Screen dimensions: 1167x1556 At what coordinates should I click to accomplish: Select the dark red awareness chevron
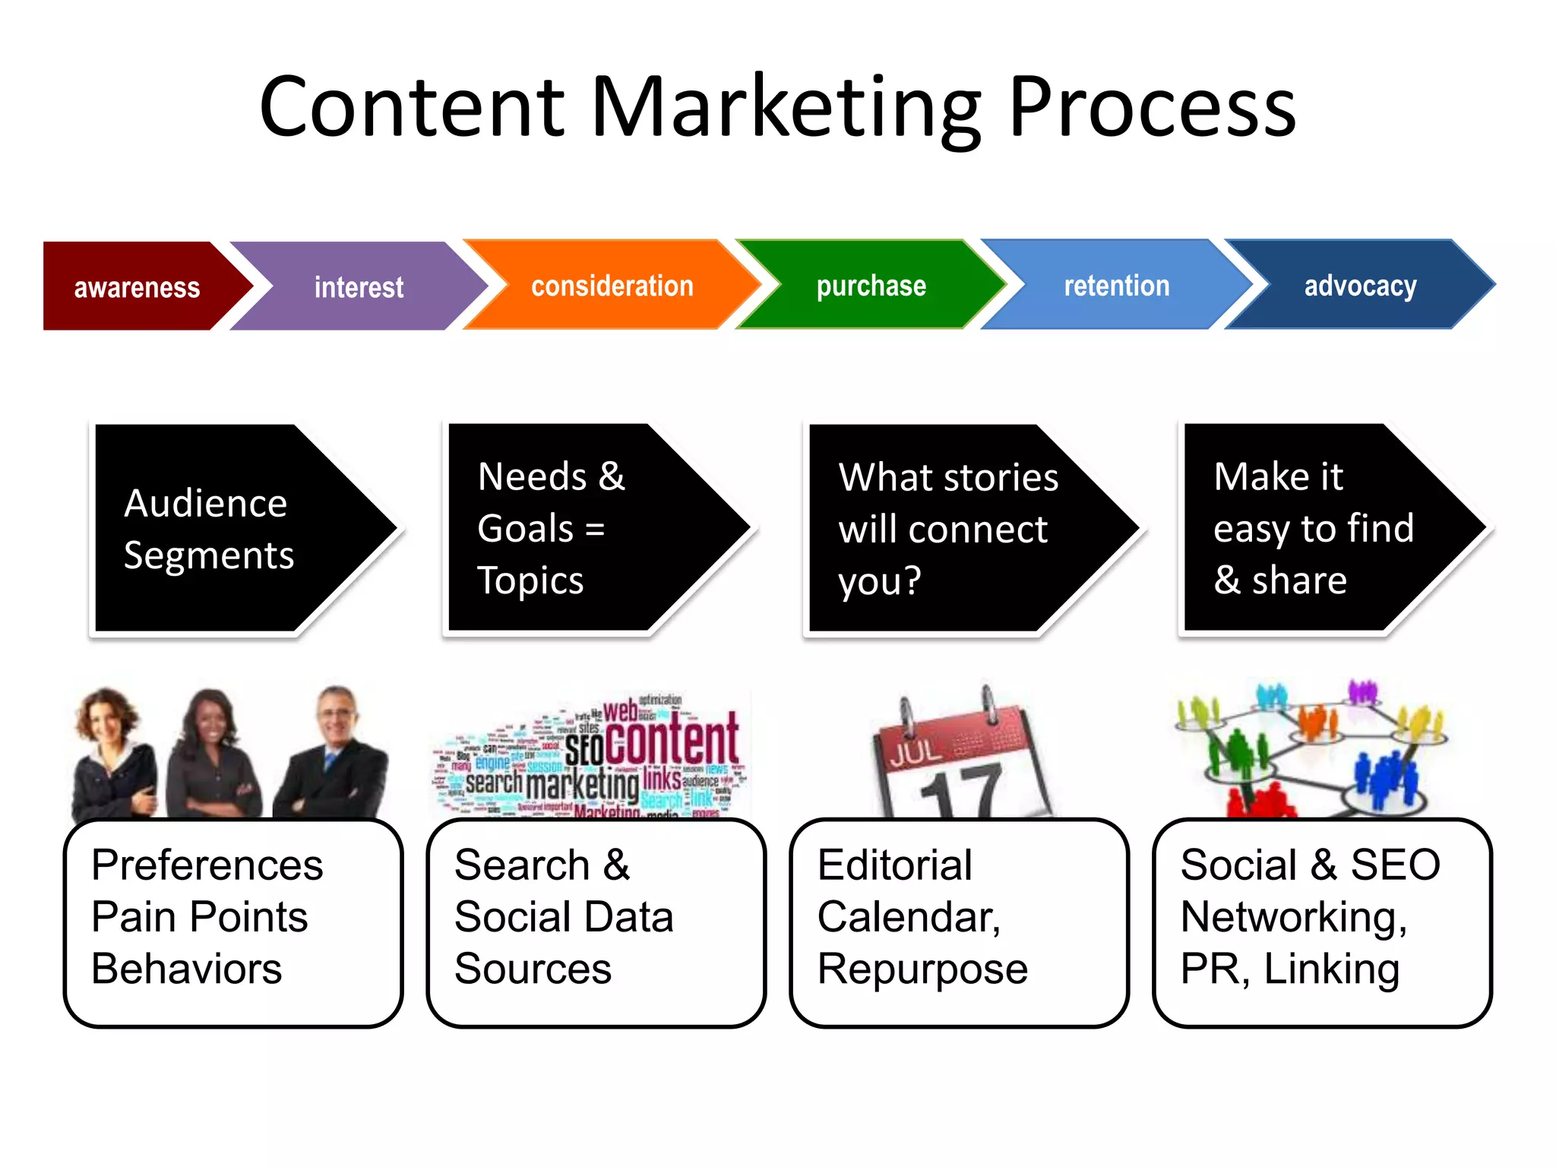(137, 286)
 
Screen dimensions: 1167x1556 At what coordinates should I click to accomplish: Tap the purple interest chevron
(359, 286)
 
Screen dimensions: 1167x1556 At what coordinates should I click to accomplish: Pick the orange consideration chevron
(612, 286)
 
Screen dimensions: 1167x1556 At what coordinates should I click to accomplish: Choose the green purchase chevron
(871, 286)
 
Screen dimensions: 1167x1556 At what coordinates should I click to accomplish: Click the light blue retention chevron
(1116, 286)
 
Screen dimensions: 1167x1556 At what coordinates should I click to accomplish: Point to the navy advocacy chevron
(1360, 286)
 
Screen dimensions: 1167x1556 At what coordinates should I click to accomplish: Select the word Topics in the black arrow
(530, 580)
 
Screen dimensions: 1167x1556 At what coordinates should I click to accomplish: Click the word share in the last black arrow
(1299, 580)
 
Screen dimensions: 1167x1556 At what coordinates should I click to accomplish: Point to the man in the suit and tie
(334, 752)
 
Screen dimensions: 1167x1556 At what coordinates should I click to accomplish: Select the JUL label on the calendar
(916, 752)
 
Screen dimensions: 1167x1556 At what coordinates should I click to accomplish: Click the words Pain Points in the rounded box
(199, 916)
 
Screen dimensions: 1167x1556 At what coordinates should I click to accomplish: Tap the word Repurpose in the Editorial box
(922, 969)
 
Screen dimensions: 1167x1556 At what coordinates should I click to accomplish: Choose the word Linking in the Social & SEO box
(1331, 969)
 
